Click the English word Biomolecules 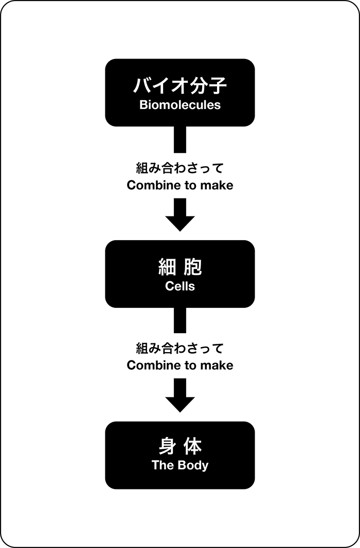[180, 105]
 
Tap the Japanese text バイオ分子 [180, 86]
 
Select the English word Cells [180, 286]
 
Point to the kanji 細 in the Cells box [167, 267]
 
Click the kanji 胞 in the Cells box [193, 267]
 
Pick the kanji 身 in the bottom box [167, 446]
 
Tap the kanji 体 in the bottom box [193, 446]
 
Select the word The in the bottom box [163, 465]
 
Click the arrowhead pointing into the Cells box [180, 224]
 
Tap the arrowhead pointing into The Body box [180, 405]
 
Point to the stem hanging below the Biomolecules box [180, 139]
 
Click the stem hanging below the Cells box [180, 320]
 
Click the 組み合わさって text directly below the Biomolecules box [180, 169]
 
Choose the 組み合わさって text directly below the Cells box [180, 349]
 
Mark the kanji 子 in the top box [218, 86]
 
